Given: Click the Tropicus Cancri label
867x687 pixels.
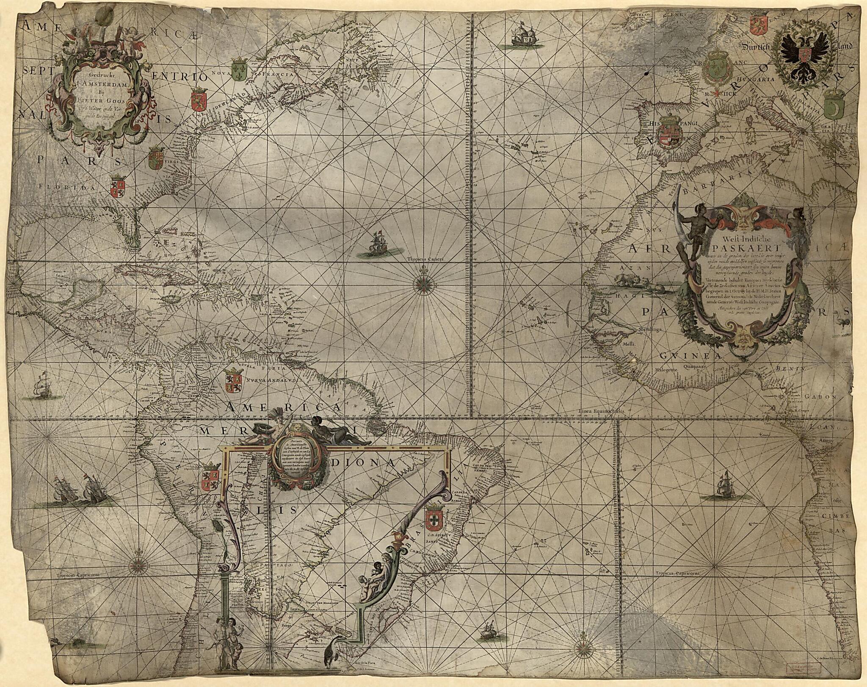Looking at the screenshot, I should coord(422,260).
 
